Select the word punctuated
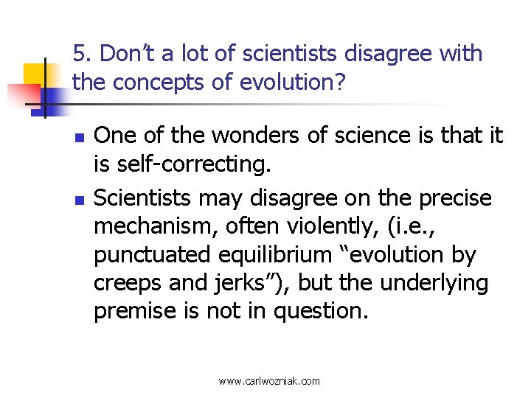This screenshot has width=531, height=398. (x=153, y=255)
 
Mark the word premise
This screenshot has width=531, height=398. (x=135, y=312)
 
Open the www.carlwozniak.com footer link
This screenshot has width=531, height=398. (x=269, y=381)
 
